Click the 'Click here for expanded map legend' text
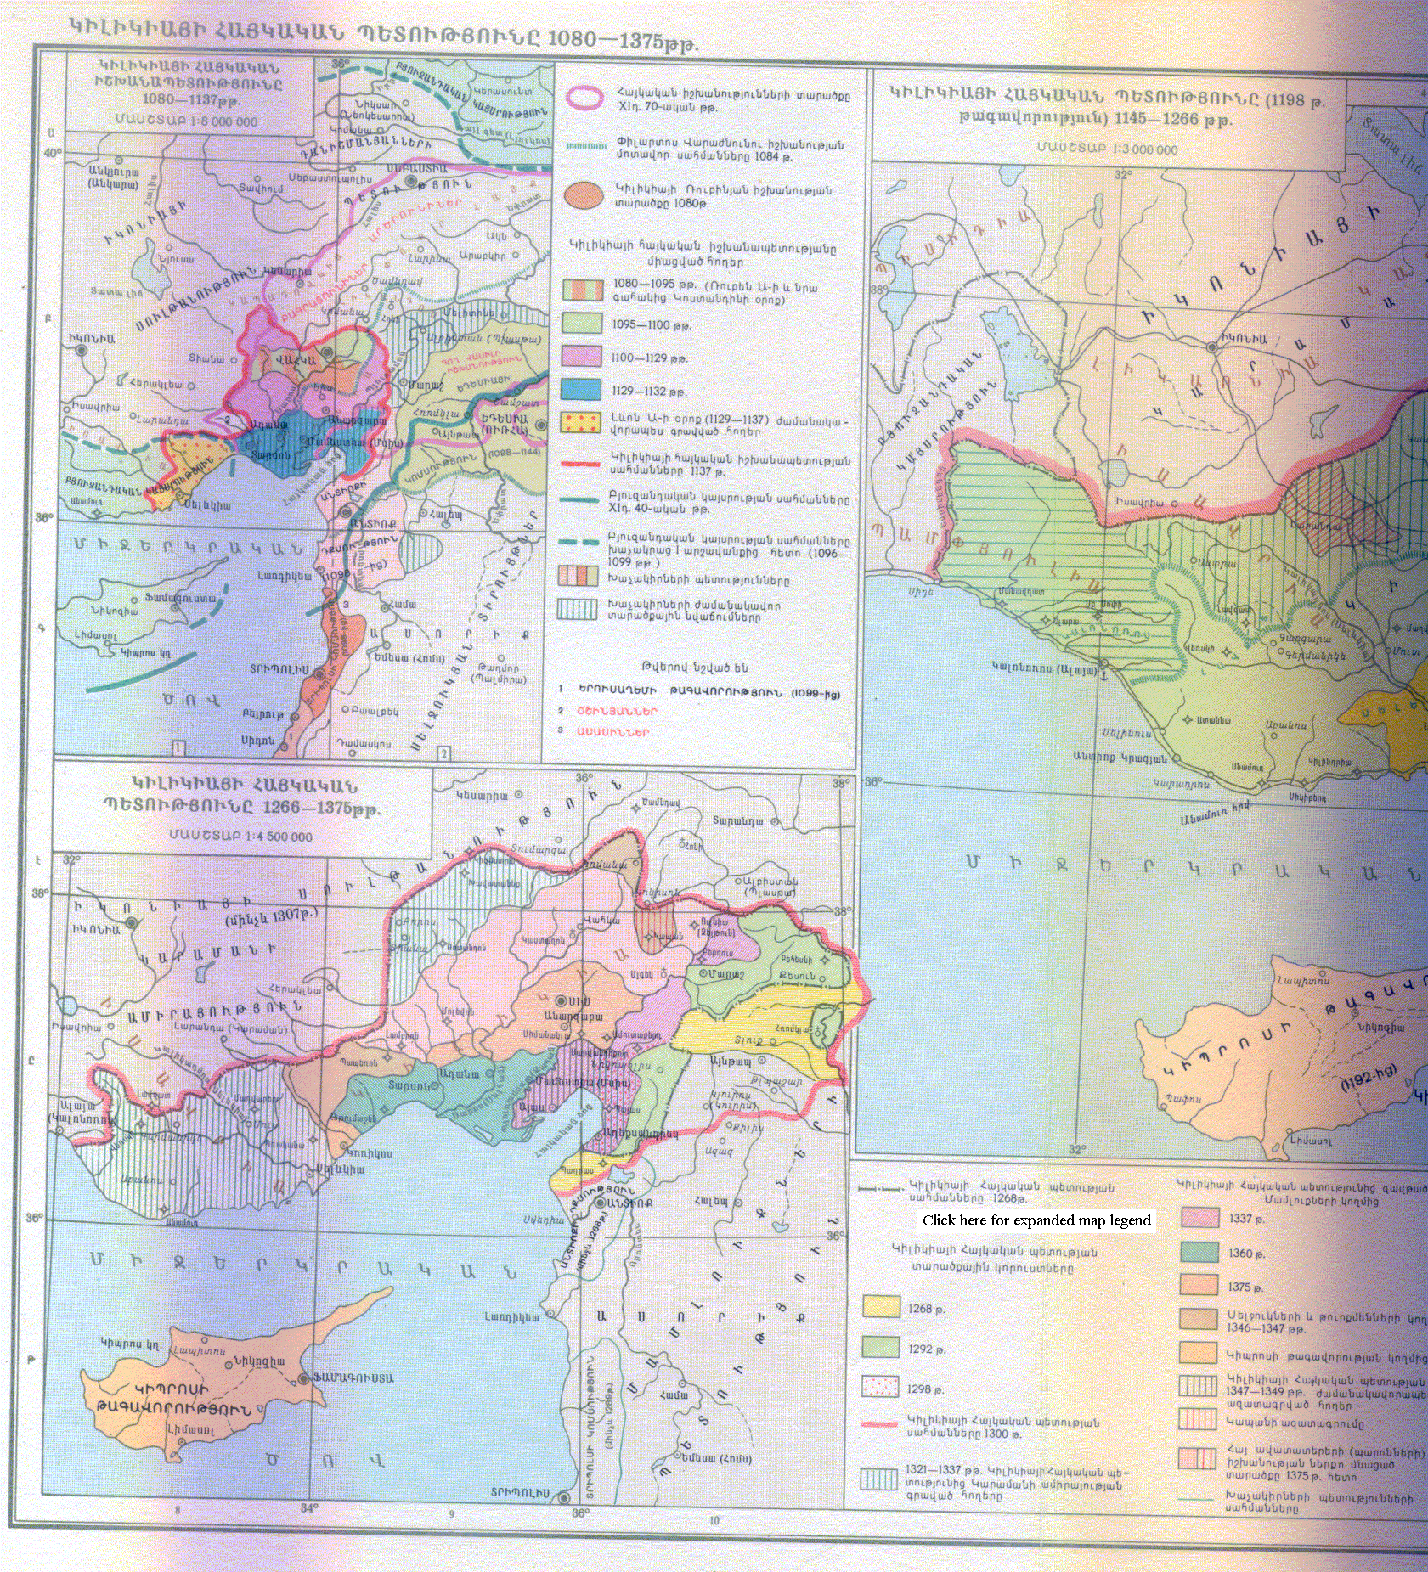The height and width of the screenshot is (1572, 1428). (x=1036, y=1220)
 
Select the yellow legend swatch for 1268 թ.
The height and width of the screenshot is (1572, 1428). (x=881, y=1307)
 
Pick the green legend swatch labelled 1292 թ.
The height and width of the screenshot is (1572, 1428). (x=881, y=1348)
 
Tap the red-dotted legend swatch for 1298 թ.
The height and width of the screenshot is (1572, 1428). (x=881, y=1388)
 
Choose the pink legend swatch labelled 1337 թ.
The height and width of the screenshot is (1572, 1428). (x=1199, y=1218)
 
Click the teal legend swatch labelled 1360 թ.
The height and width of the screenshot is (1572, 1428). (x=1199, y=1253)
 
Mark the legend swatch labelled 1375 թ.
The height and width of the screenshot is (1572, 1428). (x=1199, y=1286)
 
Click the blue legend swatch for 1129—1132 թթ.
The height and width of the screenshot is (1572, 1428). (x=582, y=390)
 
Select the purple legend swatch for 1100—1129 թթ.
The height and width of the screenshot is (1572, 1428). (x=582, y=358)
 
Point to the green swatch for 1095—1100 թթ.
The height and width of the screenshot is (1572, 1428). (x=582, y=324)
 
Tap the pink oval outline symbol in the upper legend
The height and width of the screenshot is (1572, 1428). (x=584, y=99)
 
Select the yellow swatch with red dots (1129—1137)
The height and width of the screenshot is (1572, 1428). (x=582, y=423)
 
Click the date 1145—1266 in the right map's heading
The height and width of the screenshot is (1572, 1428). (x=1168, y=120)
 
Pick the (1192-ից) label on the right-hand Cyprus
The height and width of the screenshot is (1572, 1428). (x=1368, y=1078)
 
